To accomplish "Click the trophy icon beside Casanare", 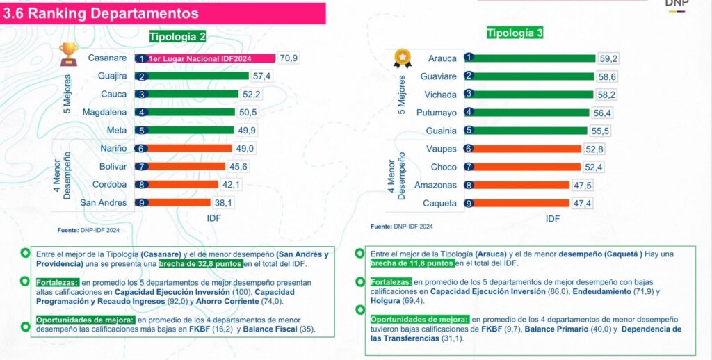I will (69, 53).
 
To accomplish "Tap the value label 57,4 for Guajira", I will (261, 76).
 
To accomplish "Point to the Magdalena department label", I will (104, 112).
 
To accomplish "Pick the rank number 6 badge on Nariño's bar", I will (141, 149).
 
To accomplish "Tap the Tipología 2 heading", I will (177, 36).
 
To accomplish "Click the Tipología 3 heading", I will (515, 33).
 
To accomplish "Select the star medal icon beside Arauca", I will (401, 58).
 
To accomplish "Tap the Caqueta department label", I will (439, 203).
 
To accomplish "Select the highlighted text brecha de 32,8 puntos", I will (200, 264).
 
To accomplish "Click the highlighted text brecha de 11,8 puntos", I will (412, 264).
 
